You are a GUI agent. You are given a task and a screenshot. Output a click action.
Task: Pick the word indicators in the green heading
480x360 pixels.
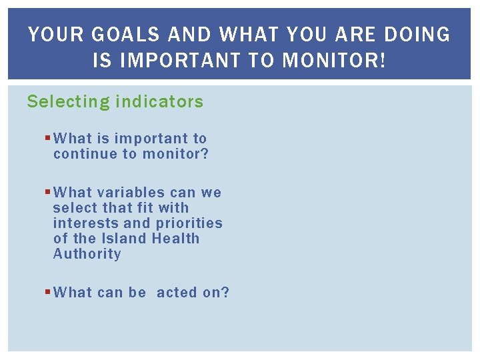click(159, 102)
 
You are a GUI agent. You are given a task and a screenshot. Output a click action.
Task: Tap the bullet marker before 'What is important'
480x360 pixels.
click(47, 139)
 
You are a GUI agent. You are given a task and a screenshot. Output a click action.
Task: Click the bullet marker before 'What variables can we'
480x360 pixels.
click(47, 193)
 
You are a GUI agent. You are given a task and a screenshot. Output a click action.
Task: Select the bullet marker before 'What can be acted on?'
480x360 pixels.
click(47, 293)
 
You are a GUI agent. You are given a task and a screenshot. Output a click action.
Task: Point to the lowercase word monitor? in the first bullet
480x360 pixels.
click(177, 154)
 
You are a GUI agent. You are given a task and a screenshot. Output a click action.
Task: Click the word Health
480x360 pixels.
click(176, 239)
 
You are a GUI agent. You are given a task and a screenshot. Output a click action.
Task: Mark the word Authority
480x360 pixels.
click(87, 254)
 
